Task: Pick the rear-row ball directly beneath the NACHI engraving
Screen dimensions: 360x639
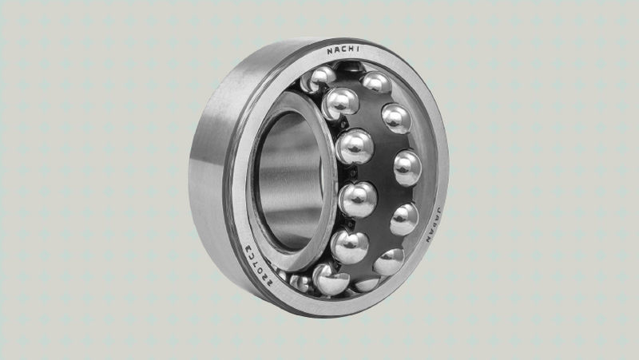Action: (376, 82)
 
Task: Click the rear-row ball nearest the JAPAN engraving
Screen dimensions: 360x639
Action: (403, 218)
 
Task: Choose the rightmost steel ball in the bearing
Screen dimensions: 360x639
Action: (407, 168)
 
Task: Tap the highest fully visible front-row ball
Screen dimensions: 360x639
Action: (341, 103)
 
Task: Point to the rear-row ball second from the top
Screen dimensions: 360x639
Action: (396, 118)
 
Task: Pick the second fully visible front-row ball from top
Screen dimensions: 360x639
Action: (355, 147)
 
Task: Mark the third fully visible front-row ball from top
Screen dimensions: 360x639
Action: (358, 199)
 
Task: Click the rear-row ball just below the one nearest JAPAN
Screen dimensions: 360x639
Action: (389, 261)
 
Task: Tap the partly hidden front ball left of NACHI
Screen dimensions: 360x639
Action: (320, 78)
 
